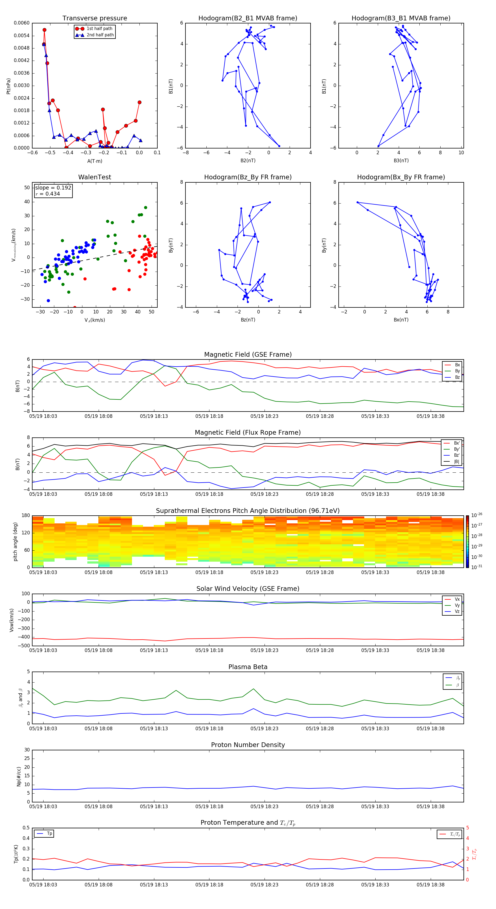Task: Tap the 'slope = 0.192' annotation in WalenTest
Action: point(53,188)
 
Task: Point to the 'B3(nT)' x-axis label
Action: point(401,161)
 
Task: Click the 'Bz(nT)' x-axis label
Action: point(248,320)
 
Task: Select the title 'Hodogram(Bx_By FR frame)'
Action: point(401,177)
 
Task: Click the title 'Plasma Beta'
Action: point(248,667)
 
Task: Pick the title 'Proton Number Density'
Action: point(248,745)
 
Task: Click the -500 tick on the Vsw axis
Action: point(24,646)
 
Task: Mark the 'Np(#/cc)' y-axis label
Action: point(19,776)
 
